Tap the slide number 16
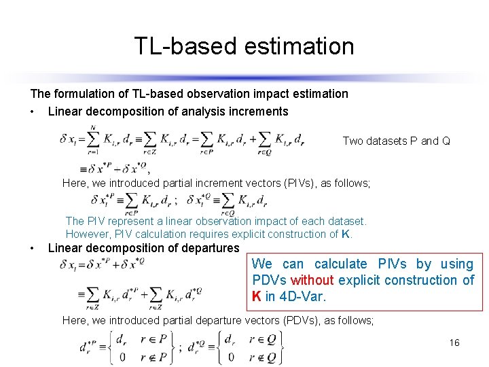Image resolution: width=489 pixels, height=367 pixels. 454,343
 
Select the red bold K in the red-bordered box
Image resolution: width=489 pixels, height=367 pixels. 257,296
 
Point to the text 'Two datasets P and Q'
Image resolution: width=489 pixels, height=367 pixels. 396,141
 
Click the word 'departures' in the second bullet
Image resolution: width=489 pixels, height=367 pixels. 211,248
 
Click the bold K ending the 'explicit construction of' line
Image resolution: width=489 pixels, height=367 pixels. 347,234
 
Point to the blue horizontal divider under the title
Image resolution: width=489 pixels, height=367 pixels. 244,77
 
